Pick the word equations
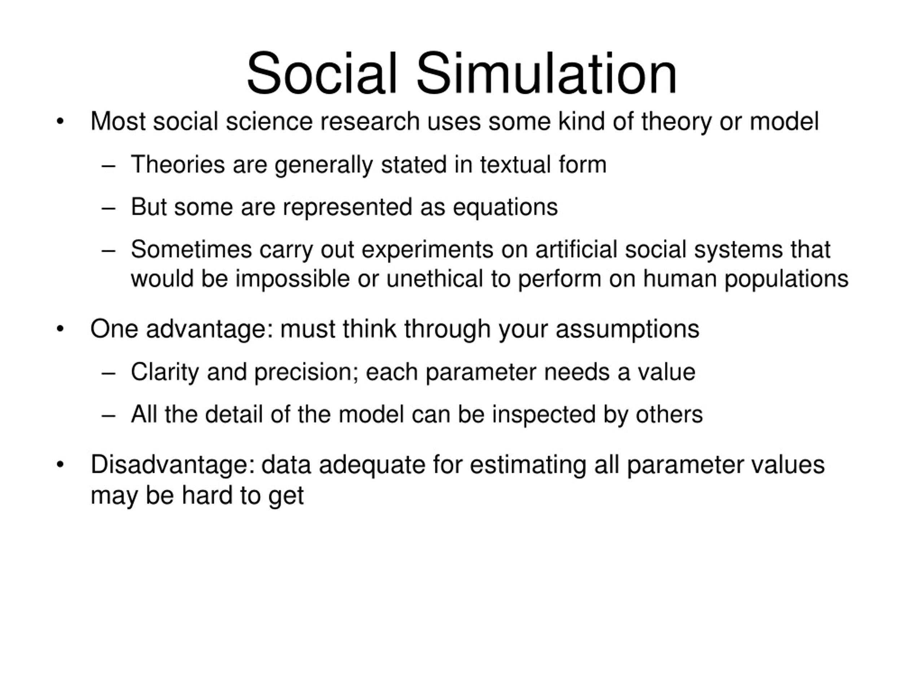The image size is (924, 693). pos(505,207)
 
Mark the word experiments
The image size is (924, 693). pos(428,250)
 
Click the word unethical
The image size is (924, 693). pos(435,279)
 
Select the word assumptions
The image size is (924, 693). pos(627,329)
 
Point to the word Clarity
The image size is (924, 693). pos(165,372)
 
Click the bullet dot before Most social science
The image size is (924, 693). pos(60,122)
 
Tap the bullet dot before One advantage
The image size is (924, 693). pos(60,329)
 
